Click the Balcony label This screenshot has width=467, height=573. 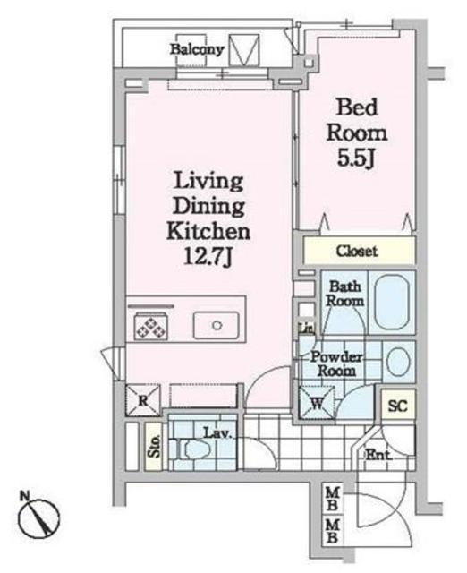click(197, 49)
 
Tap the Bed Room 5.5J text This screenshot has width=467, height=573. click(357, 133)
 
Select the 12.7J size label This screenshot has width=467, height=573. click(208, 257)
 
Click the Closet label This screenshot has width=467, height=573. click(357, 251)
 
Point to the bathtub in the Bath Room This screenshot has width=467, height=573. click(392, 303)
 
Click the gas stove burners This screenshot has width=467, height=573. click(150, 326)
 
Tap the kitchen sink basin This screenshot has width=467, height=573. click(217, 325)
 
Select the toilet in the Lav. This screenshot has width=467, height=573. click(191, 449)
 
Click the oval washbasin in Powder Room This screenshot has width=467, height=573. click(398, 362)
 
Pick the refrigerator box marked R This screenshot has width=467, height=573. click(143, 400)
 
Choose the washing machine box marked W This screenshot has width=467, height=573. click(317, 403)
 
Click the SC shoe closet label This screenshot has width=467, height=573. click(397, 406)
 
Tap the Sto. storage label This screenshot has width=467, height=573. click(154, 446)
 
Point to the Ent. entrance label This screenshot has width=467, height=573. click(378, 455)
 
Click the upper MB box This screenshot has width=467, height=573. click(333, 500)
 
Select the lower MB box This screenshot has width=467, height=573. click(333, 531)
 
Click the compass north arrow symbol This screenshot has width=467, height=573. click(39, 519)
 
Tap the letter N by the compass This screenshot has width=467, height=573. click(24, 496)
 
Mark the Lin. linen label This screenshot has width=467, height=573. click(306, 329)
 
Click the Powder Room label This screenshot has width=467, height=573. click(336, 364)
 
